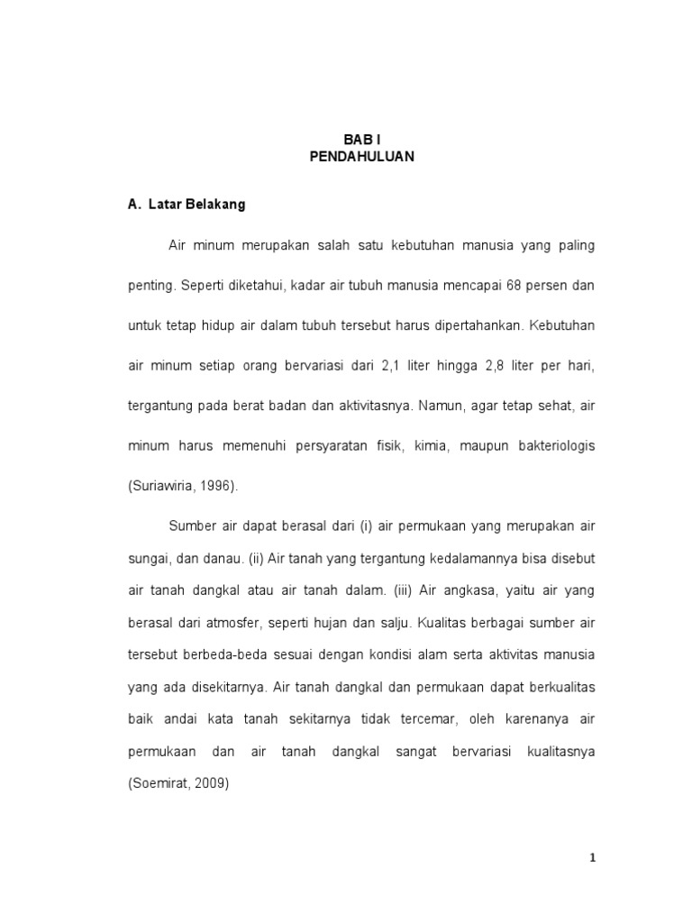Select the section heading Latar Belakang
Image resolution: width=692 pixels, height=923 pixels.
click(196, 205)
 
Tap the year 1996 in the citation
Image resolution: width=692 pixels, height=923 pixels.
click(214, 486)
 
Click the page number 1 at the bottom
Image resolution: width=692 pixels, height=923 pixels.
click(592, 858)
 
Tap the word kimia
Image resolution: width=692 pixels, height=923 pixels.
click(429, 446)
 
